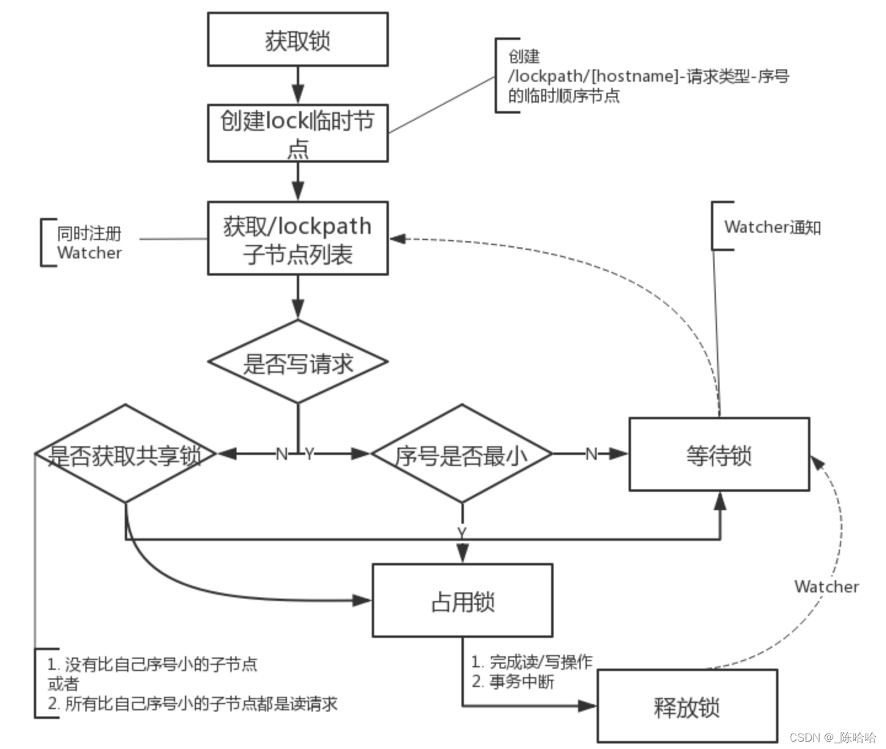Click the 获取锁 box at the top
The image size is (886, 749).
297,40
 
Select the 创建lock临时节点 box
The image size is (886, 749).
297,133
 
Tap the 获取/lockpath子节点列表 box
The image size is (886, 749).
297,238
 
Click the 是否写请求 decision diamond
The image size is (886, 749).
297,362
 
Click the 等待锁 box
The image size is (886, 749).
719,455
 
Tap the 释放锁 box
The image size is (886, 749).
686,707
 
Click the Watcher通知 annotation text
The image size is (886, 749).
772,227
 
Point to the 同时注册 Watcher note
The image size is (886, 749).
89,243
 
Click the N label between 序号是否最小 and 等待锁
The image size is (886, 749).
591,454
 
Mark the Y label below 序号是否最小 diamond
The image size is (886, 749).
461,532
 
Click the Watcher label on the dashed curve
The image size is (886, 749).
826,587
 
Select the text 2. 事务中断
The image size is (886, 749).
512,681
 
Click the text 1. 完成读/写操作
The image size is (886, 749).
531,662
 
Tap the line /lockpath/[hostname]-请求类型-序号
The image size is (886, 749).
648,76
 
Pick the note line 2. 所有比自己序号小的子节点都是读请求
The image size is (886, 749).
192,704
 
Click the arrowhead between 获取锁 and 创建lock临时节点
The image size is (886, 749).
298,95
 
